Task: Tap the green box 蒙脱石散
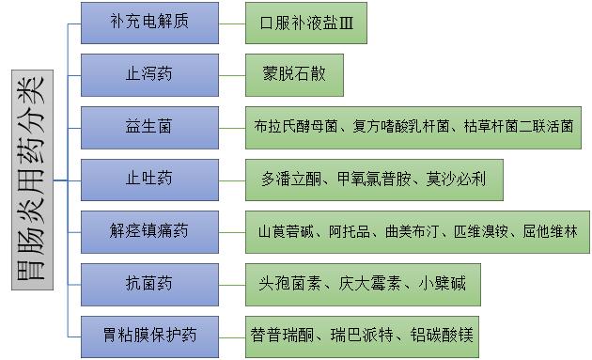pos(295,74)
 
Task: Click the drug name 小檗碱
pos(443,283)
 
